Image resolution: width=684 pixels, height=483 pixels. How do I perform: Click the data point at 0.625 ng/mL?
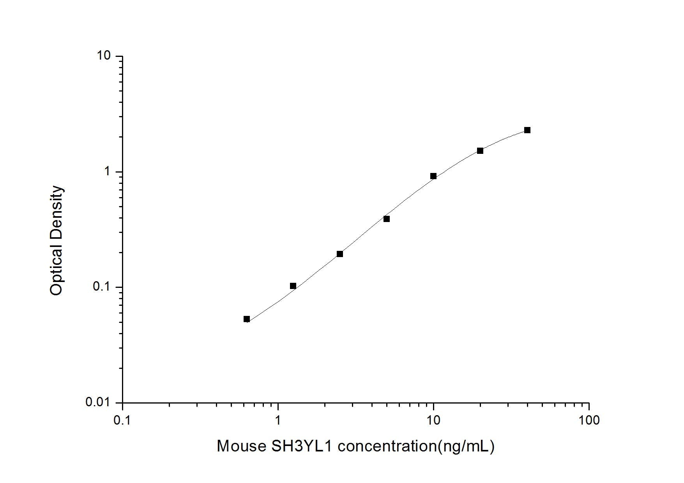(x=247, y=319)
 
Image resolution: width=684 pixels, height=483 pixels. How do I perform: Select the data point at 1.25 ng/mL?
(x=293, y=286)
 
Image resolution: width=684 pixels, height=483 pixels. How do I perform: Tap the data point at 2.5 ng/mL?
(x=340, y=254)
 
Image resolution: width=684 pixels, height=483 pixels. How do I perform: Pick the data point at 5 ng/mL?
(x=387, y=219)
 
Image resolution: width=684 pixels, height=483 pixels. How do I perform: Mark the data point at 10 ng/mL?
(x=433, y=176)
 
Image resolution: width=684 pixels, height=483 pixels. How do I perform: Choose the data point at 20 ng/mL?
(x=480, y=151)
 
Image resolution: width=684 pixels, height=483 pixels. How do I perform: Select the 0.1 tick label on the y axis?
(x=102, y=287)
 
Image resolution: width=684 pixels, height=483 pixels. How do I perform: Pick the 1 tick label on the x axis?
(x=278, y=420)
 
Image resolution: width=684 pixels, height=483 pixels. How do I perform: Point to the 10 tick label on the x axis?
(x=433, y=420)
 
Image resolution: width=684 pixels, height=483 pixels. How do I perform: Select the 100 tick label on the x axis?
(x=589, y=420)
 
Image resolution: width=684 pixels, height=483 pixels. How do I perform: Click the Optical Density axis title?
(x=57, y=240)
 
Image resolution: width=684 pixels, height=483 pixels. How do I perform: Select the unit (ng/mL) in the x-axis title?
(x=466, y=446)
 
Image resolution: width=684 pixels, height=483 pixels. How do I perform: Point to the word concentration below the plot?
(x=387, y=446)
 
